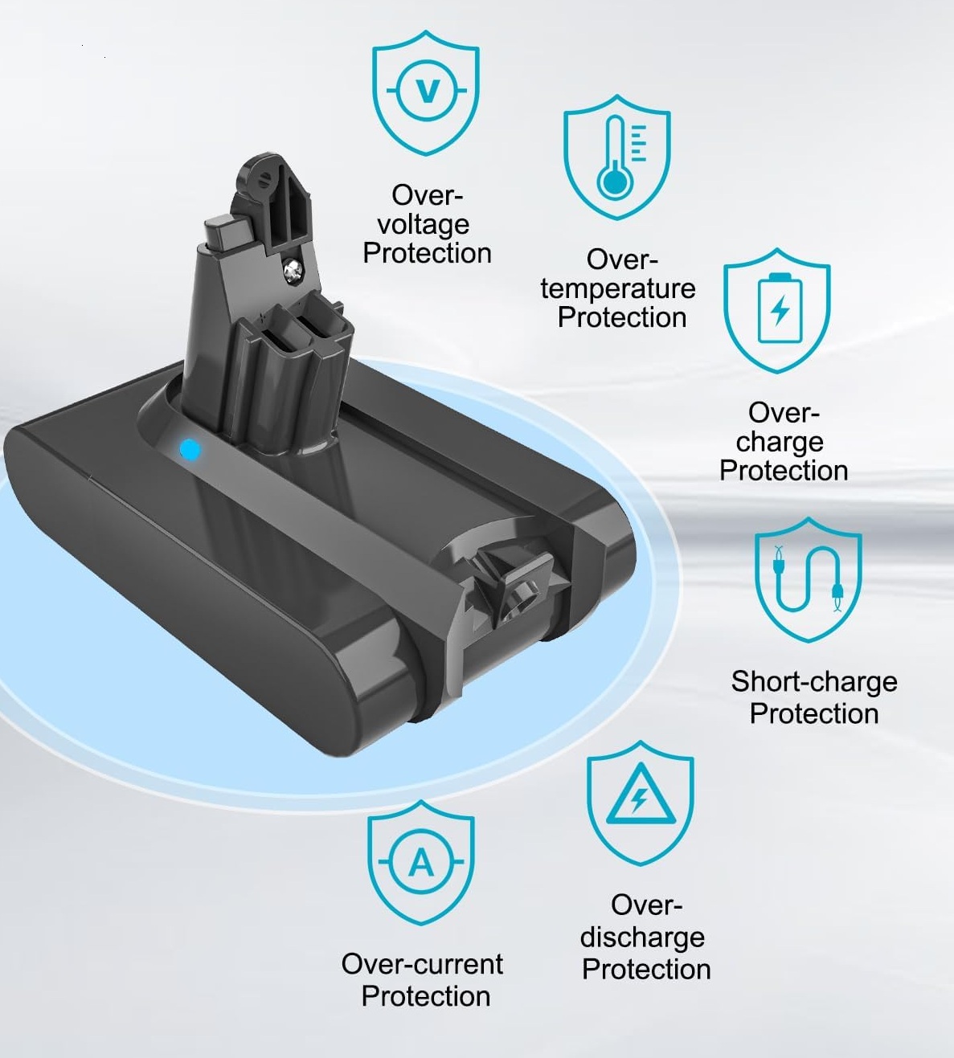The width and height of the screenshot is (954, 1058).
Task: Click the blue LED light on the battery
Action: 190,449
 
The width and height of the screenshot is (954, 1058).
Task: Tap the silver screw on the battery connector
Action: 292,271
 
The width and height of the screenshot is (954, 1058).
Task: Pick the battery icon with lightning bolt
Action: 780,308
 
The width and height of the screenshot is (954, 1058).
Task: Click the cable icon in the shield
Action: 808,579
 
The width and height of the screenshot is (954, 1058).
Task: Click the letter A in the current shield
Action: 421,864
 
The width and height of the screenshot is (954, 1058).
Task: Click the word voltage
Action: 424,225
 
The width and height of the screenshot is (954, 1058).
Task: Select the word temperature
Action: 618,289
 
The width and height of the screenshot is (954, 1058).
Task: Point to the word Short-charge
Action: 814,681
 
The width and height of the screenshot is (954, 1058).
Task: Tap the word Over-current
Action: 422,964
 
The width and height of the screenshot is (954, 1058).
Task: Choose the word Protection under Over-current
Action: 426,996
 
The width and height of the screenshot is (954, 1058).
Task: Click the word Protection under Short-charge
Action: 814,713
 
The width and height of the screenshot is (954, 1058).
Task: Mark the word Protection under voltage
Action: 427,253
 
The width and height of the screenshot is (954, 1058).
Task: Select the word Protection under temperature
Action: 622,317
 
